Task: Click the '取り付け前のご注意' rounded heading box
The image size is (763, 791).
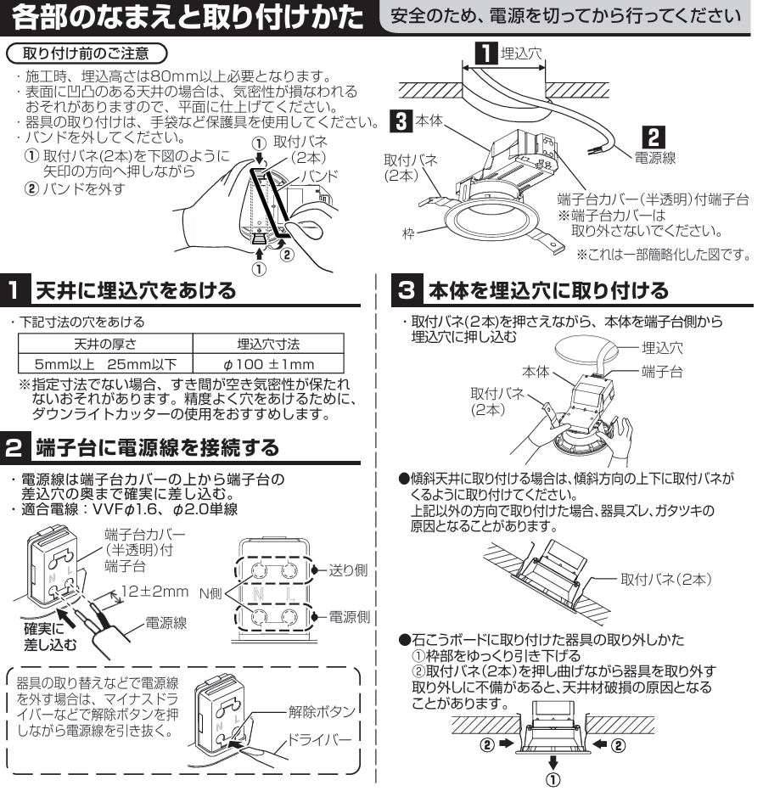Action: click(x=82, y=53)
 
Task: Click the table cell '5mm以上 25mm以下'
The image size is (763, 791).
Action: click(x=106, y=364)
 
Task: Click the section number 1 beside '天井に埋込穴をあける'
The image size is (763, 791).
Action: click(x=14, y=292)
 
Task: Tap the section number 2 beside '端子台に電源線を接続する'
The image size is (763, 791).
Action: click(x=14, y=444)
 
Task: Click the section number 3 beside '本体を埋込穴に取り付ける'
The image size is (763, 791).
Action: click(x=406, y=292)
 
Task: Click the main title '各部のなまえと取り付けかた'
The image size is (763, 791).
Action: click(x=186, y=17)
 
